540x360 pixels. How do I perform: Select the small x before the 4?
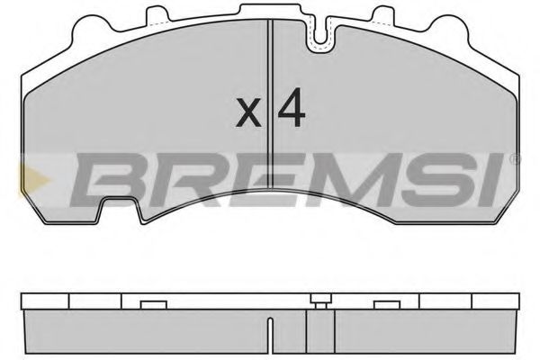(x=247, y=112)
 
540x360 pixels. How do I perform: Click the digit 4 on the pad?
(x=291, y=108)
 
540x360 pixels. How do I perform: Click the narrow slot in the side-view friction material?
(x=308, y=329)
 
